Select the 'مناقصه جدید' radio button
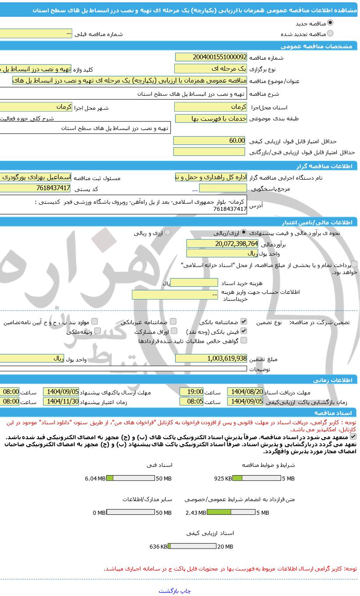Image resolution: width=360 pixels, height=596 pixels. point(330,23)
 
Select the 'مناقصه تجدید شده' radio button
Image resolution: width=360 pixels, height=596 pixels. point(330,33)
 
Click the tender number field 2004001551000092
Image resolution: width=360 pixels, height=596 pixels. point(211,57)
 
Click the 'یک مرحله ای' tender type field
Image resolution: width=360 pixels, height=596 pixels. point(211,69)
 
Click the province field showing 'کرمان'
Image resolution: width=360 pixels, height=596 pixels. point(211,107)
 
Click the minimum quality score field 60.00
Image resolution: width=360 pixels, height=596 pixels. point(209,141)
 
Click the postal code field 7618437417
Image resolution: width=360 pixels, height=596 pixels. point(35,188)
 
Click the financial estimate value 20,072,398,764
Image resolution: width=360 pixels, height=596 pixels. point(222,243)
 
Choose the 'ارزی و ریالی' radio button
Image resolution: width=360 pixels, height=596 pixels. point(168,232)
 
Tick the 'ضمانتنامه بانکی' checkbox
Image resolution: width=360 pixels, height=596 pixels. point(244,322)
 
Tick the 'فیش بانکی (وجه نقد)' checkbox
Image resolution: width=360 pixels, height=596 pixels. point(244,331)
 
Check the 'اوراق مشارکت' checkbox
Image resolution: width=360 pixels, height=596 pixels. point(174,331)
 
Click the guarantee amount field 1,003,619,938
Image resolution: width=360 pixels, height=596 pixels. point(211,358)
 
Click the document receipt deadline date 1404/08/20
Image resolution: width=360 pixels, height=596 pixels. point(245,392)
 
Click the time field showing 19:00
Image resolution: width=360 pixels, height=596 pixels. point(191,392)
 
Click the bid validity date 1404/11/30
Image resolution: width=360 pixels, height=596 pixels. point(61,401)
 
